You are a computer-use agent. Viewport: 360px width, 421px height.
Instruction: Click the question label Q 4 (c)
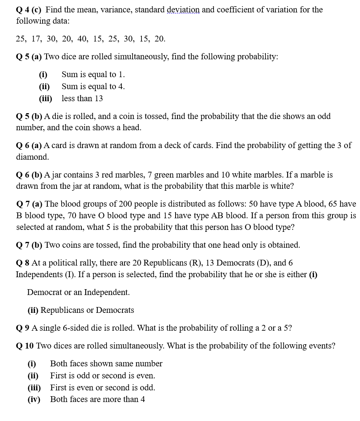[29, 10]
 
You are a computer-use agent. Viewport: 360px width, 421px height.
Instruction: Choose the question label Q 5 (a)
[29, 57]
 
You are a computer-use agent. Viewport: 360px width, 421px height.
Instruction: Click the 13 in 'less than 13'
[98, 98]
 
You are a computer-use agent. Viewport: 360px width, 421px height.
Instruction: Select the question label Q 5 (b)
[29, 116]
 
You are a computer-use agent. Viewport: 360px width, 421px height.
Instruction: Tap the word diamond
[32, 157]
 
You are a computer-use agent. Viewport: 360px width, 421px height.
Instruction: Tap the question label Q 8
[23, 263]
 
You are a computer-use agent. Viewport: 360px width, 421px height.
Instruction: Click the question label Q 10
[25, 346]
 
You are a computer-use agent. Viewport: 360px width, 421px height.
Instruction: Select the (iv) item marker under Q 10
[34, 399]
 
